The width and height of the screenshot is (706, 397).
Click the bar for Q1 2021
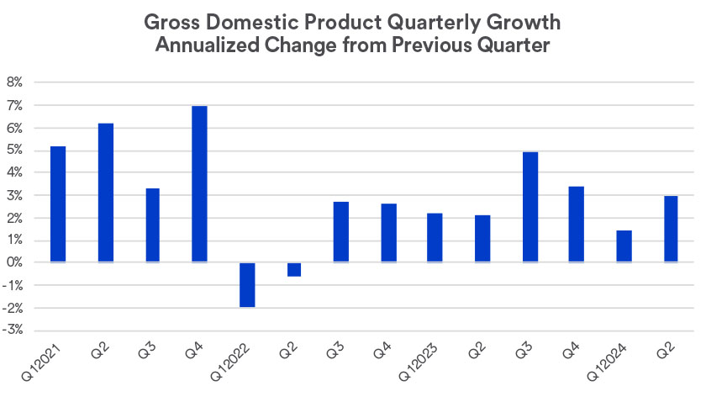58,204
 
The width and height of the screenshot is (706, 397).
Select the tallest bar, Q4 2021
199,184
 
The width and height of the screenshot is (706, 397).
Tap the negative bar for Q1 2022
246,284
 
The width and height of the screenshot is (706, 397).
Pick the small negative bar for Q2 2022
293,269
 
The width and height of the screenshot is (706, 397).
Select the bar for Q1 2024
624,246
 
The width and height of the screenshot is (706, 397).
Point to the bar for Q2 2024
671,229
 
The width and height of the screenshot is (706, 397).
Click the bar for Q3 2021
152,225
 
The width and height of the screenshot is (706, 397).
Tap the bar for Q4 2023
577,225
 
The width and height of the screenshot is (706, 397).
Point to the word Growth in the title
530,20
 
